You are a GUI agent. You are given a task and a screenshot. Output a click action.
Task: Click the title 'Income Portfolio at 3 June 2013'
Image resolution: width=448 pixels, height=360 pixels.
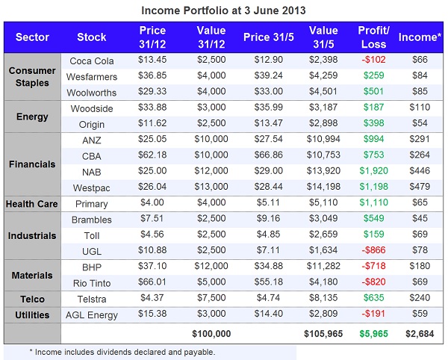(x=224, y=11)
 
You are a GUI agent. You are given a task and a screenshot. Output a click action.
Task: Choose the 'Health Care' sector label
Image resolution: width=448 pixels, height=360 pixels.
(x=32, y=203)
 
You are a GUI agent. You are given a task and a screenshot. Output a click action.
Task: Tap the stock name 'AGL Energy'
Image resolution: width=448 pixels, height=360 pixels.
(x=91, y=315)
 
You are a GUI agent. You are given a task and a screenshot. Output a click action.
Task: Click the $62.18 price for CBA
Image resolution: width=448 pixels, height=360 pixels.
(x=152, y=155)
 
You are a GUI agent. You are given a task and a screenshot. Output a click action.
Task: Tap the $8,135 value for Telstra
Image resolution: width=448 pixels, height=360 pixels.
(x=323, y=298)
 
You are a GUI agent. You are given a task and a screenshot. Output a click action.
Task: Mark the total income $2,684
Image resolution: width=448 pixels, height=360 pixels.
(x=420, y=332)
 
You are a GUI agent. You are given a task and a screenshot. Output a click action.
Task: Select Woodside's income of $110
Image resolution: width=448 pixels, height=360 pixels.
(x=420, y=108)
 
